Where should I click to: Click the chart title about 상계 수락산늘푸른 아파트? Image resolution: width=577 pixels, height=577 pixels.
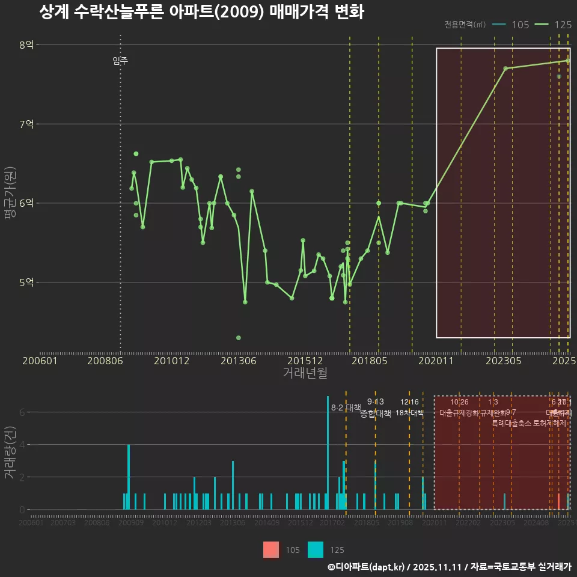201,13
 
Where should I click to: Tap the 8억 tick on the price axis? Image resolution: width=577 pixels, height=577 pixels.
26,45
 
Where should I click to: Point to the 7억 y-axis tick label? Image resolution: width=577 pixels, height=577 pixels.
26,124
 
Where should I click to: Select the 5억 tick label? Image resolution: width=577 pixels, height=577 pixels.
26,282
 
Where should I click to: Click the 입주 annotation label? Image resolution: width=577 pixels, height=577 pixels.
120,61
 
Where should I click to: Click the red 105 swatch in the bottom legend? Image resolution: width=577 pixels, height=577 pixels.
272,549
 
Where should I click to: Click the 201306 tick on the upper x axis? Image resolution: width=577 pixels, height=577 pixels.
238,361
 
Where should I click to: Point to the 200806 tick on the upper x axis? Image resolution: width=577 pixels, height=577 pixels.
106,361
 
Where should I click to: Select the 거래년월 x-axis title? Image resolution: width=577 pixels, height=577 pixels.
305,373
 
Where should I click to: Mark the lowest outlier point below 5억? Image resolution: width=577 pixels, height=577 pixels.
238,338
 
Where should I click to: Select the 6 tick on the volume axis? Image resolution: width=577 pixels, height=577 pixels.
22,412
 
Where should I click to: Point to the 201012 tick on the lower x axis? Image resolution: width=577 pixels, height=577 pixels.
165,524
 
